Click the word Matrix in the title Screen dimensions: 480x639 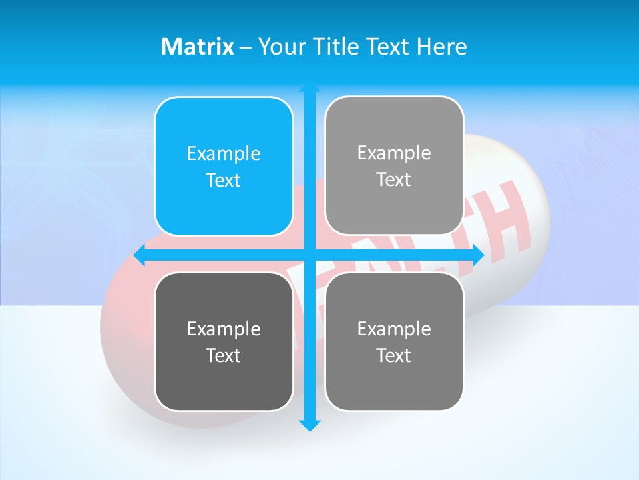197,47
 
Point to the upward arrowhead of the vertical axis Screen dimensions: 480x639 310,87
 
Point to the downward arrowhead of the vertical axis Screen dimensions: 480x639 310,425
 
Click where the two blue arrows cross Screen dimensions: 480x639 310,255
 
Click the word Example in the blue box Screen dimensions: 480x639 224,154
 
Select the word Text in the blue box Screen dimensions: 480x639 224,181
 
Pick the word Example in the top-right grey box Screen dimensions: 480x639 394,153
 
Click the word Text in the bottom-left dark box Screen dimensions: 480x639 224,355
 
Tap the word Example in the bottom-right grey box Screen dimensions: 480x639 394,329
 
